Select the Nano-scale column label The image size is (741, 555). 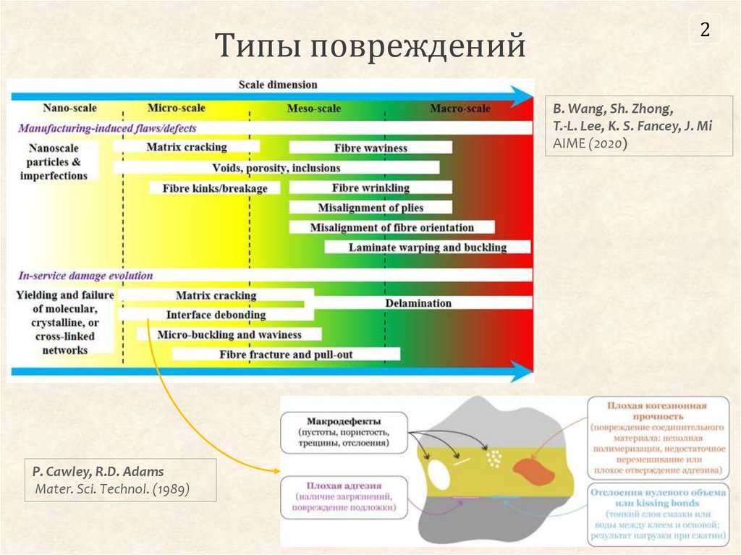point(69,109)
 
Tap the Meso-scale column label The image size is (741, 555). point(313,109)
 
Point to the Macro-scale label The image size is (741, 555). point(460,109)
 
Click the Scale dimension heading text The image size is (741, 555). point(278,85)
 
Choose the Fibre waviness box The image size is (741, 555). point(370,148)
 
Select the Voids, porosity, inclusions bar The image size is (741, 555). point(276,168)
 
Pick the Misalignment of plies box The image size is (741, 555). point(370,208)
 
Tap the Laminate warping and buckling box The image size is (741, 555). point(428,247)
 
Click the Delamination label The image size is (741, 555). point(418,303)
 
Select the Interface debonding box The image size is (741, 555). point(216,315)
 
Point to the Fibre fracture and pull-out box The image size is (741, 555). point(286,355)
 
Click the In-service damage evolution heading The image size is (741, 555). point(85,275)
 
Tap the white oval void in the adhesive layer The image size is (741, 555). point(439,473)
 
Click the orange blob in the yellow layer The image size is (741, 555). point(534,470)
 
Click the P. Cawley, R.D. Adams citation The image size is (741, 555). point(120,480)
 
